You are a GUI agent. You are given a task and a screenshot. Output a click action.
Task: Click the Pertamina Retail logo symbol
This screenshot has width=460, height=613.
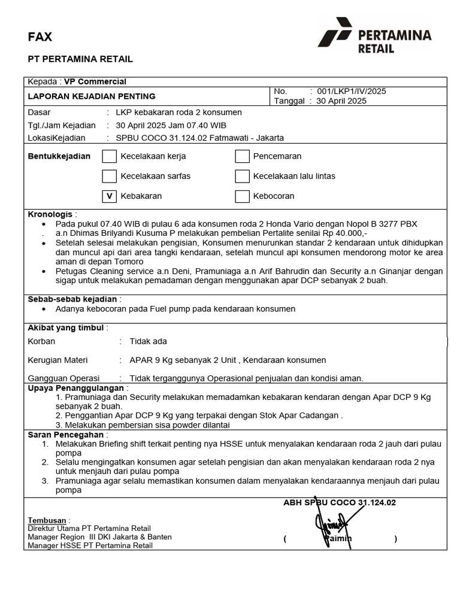pos(335,32)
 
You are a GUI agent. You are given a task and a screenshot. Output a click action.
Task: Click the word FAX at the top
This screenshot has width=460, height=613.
pos(40,37)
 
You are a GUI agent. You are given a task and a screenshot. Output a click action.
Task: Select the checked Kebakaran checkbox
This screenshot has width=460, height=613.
pos(109,196)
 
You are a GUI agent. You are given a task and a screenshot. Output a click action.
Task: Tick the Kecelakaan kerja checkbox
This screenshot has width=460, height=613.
pos(109,157)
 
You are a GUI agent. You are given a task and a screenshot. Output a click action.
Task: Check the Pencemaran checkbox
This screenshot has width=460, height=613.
pos(242,157)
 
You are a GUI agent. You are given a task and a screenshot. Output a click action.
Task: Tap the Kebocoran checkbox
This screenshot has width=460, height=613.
pos(242,196)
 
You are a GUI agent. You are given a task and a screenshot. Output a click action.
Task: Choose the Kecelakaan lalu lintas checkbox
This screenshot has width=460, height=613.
pos(242,177)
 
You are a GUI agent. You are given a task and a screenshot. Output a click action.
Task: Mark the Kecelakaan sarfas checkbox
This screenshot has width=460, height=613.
pos(109,177)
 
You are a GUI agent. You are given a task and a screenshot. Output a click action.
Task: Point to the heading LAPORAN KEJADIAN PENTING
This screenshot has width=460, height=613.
pos(92,96)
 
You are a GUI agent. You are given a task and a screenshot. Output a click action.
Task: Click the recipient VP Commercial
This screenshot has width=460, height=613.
pos(95,82)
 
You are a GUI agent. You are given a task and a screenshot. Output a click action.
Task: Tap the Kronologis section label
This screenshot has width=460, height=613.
pos(50,214)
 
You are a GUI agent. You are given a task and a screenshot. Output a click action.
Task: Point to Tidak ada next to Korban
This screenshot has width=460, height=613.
pos(149,341)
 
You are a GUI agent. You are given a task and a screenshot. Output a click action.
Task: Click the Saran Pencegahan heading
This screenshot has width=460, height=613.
pos(66,435)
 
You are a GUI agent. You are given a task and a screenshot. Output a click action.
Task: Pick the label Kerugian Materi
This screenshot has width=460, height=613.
pos(57,360)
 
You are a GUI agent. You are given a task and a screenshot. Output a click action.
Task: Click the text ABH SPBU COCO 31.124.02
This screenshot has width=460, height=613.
pos(340,503)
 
